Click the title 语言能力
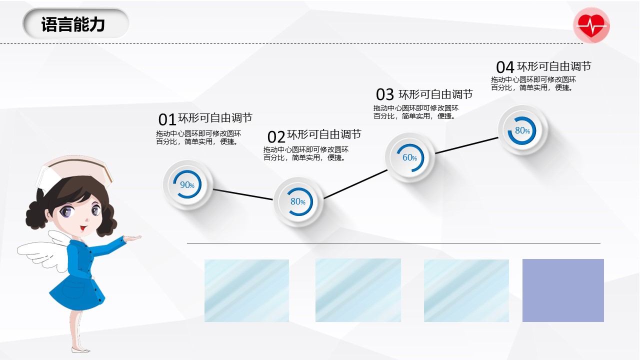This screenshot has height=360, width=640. pyautogui.click(x=73, y=24)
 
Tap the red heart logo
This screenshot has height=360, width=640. pyautogui.click(x=591, y=25)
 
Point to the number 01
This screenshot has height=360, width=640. pyautogui.click(x=167, y=119)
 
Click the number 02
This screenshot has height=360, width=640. pyautogui.click(x=276, y=136)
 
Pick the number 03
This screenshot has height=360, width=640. pyautogui.click(x=385, y=94)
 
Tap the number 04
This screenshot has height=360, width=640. pyautogui.click(x=505, y=67)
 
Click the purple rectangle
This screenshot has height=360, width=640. pyautogui.click(x=563, y=290)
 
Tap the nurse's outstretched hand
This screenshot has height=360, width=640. pyautogui.click(x=132, y=238)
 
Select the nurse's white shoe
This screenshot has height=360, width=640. pyautogui.click(x=80, y=350)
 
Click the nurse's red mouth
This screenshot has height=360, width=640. pyautogui.click(x=83, y=228)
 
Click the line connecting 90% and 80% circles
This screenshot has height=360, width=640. pyautogui.click(x=243, y=194)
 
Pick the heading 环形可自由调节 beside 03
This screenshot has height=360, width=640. pyautogui.click(x=435, y=94)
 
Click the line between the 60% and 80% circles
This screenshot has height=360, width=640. pyautogui.click(x=467, y=145)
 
